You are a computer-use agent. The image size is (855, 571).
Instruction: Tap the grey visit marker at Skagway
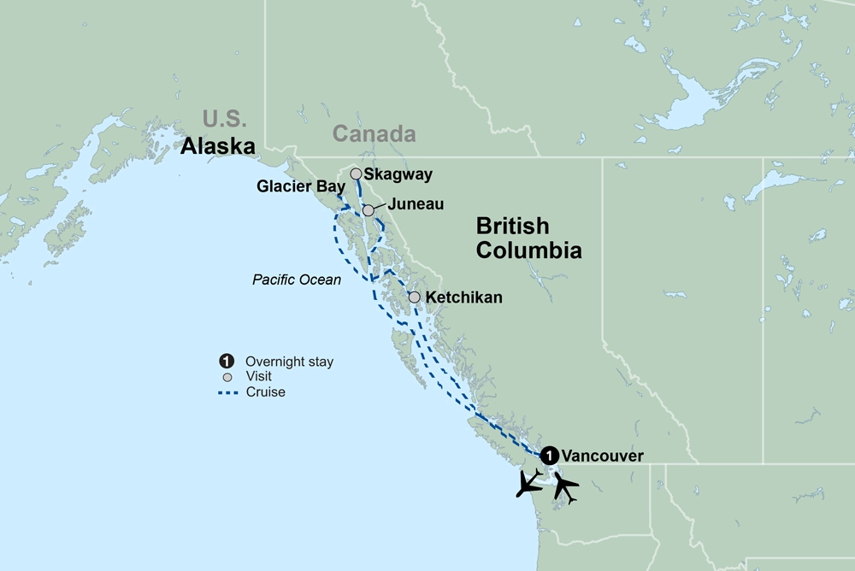[356, 174]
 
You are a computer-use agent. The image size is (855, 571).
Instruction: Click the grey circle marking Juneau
[368, 210]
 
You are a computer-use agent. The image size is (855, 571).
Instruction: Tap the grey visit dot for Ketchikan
[414, 297]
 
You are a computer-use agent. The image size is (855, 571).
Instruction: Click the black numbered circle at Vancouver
[550, 455]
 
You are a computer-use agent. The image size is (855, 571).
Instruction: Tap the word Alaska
[218, 146]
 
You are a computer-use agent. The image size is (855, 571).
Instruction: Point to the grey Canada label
[374, 134]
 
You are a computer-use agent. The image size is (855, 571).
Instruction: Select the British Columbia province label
[528, 238]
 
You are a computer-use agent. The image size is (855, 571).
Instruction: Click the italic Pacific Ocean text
[297, 280]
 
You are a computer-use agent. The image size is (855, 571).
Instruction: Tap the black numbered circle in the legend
[227, 362]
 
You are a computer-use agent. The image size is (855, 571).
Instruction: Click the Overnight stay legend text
[289, 362]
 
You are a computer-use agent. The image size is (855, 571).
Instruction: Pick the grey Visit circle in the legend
[227, 377]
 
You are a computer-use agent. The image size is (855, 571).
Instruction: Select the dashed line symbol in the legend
[227, 392]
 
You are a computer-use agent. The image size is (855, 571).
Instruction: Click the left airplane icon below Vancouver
[529, 483]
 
